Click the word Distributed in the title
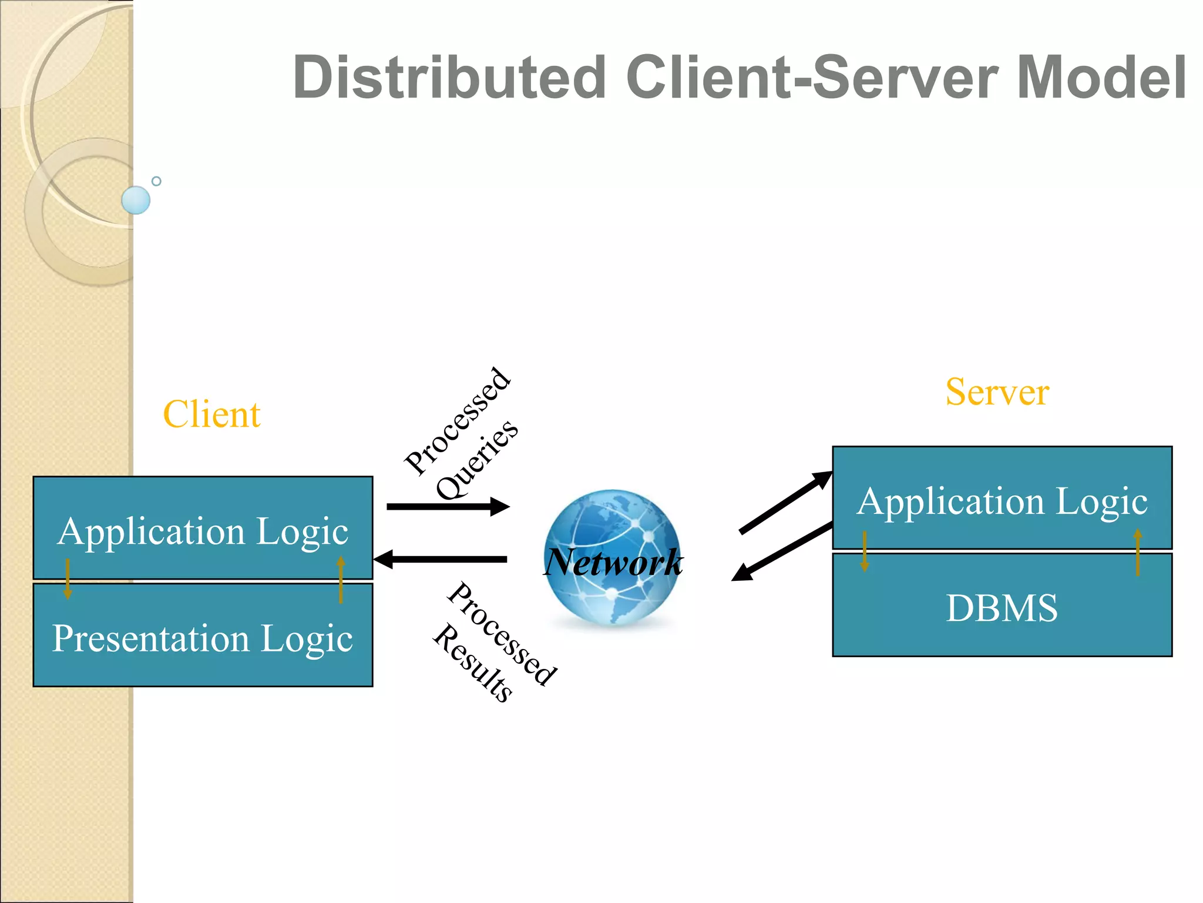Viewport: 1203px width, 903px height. tap(449, 78)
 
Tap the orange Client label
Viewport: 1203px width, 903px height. tap(211, 414)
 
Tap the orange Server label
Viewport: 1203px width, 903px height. tap(997, 392)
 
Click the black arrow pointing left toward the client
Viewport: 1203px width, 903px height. tap(441, 559)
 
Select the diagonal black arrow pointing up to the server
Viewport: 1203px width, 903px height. tap(785, 503)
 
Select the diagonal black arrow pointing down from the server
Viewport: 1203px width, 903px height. tap(781, 552)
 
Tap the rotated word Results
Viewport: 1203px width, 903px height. tap(473, 663)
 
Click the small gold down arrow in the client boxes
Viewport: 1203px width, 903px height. tap(68, 579)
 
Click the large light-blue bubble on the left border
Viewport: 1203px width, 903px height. tap(136, 200)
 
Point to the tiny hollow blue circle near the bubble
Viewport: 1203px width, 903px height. tap(156, 181)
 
